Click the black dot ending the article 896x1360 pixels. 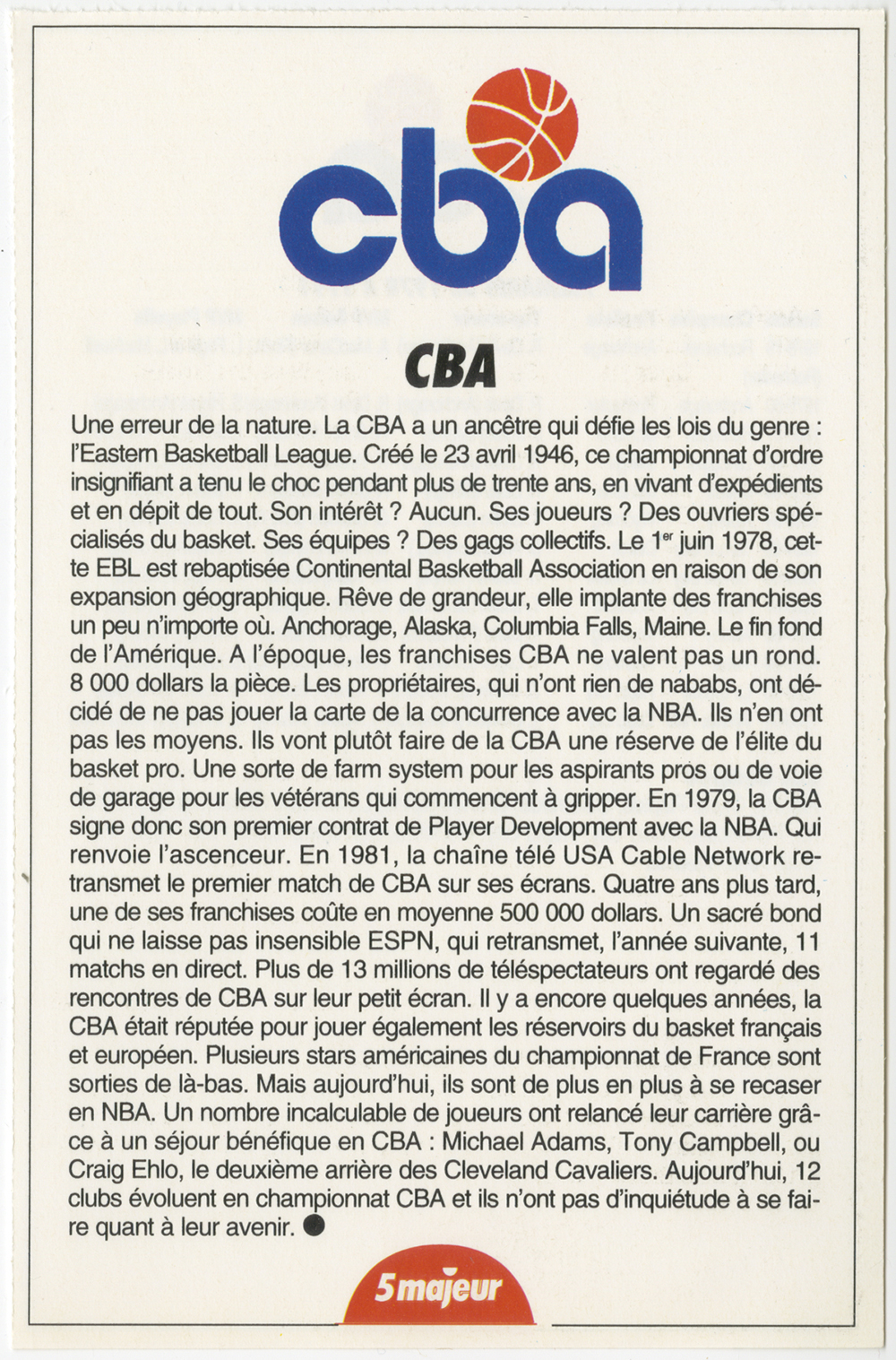pos(314,1227)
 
